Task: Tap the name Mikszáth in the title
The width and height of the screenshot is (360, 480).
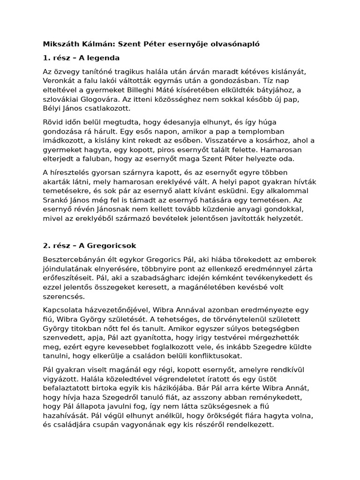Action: pyautogui.click(x=61, y=44)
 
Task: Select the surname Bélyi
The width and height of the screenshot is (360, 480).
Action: pyautogui.click(x=52, y=109)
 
